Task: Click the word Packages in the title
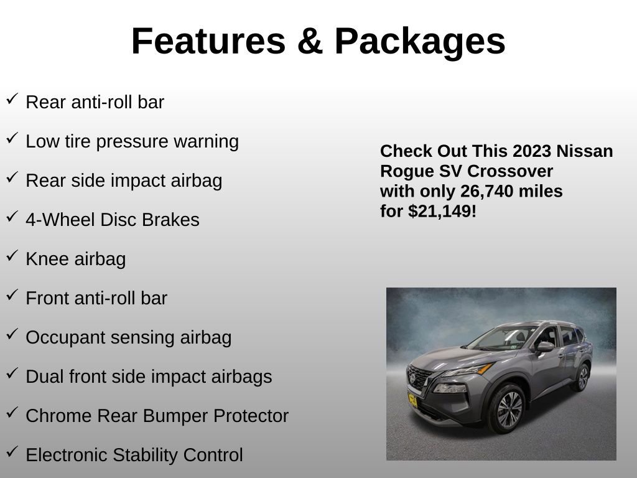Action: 420,42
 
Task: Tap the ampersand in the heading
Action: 310,42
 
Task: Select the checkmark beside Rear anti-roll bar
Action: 12,100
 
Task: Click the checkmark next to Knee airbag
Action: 12,256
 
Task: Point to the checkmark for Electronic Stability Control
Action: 12,452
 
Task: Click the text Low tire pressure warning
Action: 132,141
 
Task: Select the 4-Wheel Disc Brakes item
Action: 113,220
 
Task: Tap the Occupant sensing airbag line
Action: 128,337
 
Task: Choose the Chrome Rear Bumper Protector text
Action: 157,416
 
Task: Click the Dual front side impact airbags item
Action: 149,377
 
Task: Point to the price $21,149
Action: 442,212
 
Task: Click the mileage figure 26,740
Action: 486,192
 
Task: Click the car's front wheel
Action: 509,408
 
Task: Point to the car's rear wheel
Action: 582,377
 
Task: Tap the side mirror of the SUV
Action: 545,347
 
